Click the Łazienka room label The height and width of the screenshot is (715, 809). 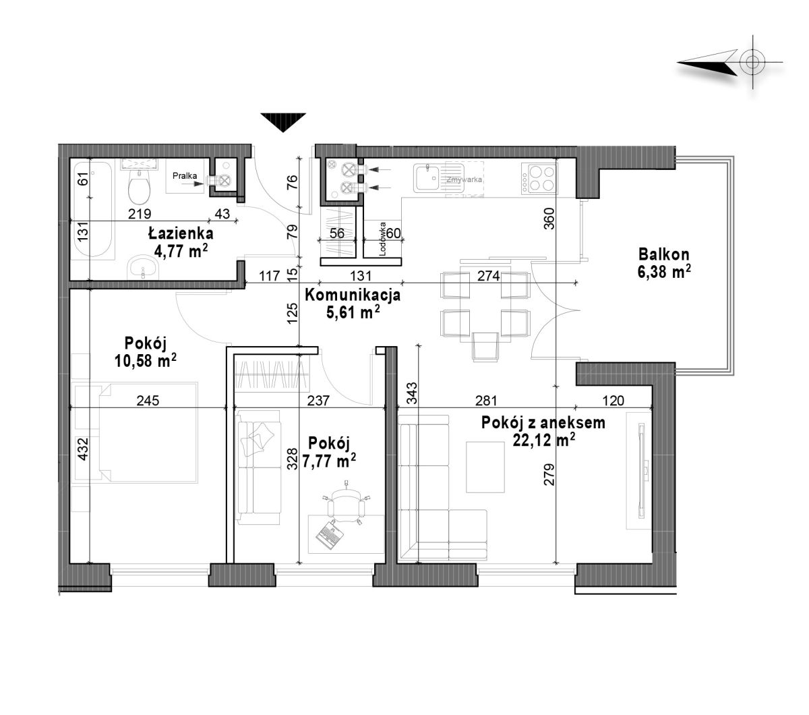click(181, 233)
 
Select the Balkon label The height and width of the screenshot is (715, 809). click(663, 254)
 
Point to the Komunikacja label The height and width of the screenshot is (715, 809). click(353, 295)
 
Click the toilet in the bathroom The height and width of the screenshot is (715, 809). click(139, 187)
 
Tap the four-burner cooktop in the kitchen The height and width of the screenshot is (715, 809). click(539, 178)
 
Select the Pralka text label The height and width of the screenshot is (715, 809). click(185, 175)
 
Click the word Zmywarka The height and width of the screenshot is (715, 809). click(464, 180)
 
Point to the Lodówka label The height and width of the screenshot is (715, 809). click(383, 239)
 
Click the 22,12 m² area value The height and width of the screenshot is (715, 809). click(543, 440)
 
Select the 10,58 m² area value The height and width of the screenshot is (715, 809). click(146, 361)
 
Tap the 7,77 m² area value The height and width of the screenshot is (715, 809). click(329, 461)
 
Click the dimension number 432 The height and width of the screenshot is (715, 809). click(82, 449)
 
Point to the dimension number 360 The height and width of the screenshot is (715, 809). click(549, 219)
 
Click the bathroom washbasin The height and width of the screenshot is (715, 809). click(144, 267)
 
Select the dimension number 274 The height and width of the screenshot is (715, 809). click(488, 276)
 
